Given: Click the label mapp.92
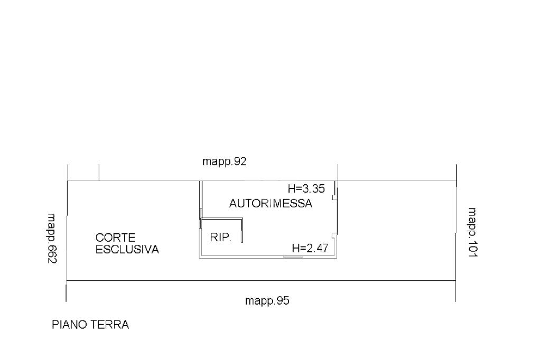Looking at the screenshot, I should tap(225, 162).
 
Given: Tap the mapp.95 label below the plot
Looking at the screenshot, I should tap(267, 301).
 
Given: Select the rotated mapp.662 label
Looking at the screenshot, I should tap(52, 239).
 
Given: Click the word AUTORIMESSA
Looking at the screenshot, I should tap(270, 204).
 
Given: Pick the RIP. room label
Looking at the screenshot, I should tap(220, 238).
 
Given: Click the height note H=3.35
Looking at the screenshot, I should tap(306, 188).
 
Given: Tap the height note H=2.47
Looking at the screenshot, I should tap(310, 248).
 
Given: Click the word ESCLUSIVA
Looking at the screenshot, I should tap(127, 249).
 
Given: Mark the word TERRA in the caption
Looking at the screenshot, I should tap(111, 325).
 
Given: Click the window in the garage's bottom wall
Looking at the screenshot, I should tap(293, 257).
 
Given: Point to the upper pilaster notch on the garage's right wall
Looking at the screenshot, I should tap(333, 196).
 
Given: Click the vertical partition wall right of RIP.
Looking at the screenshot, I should tap(242, 231).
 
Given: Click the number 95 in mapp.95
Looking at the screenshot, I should tap(284, 301).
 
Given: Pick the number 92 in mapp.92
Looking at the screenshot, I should tap(241, 162).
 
